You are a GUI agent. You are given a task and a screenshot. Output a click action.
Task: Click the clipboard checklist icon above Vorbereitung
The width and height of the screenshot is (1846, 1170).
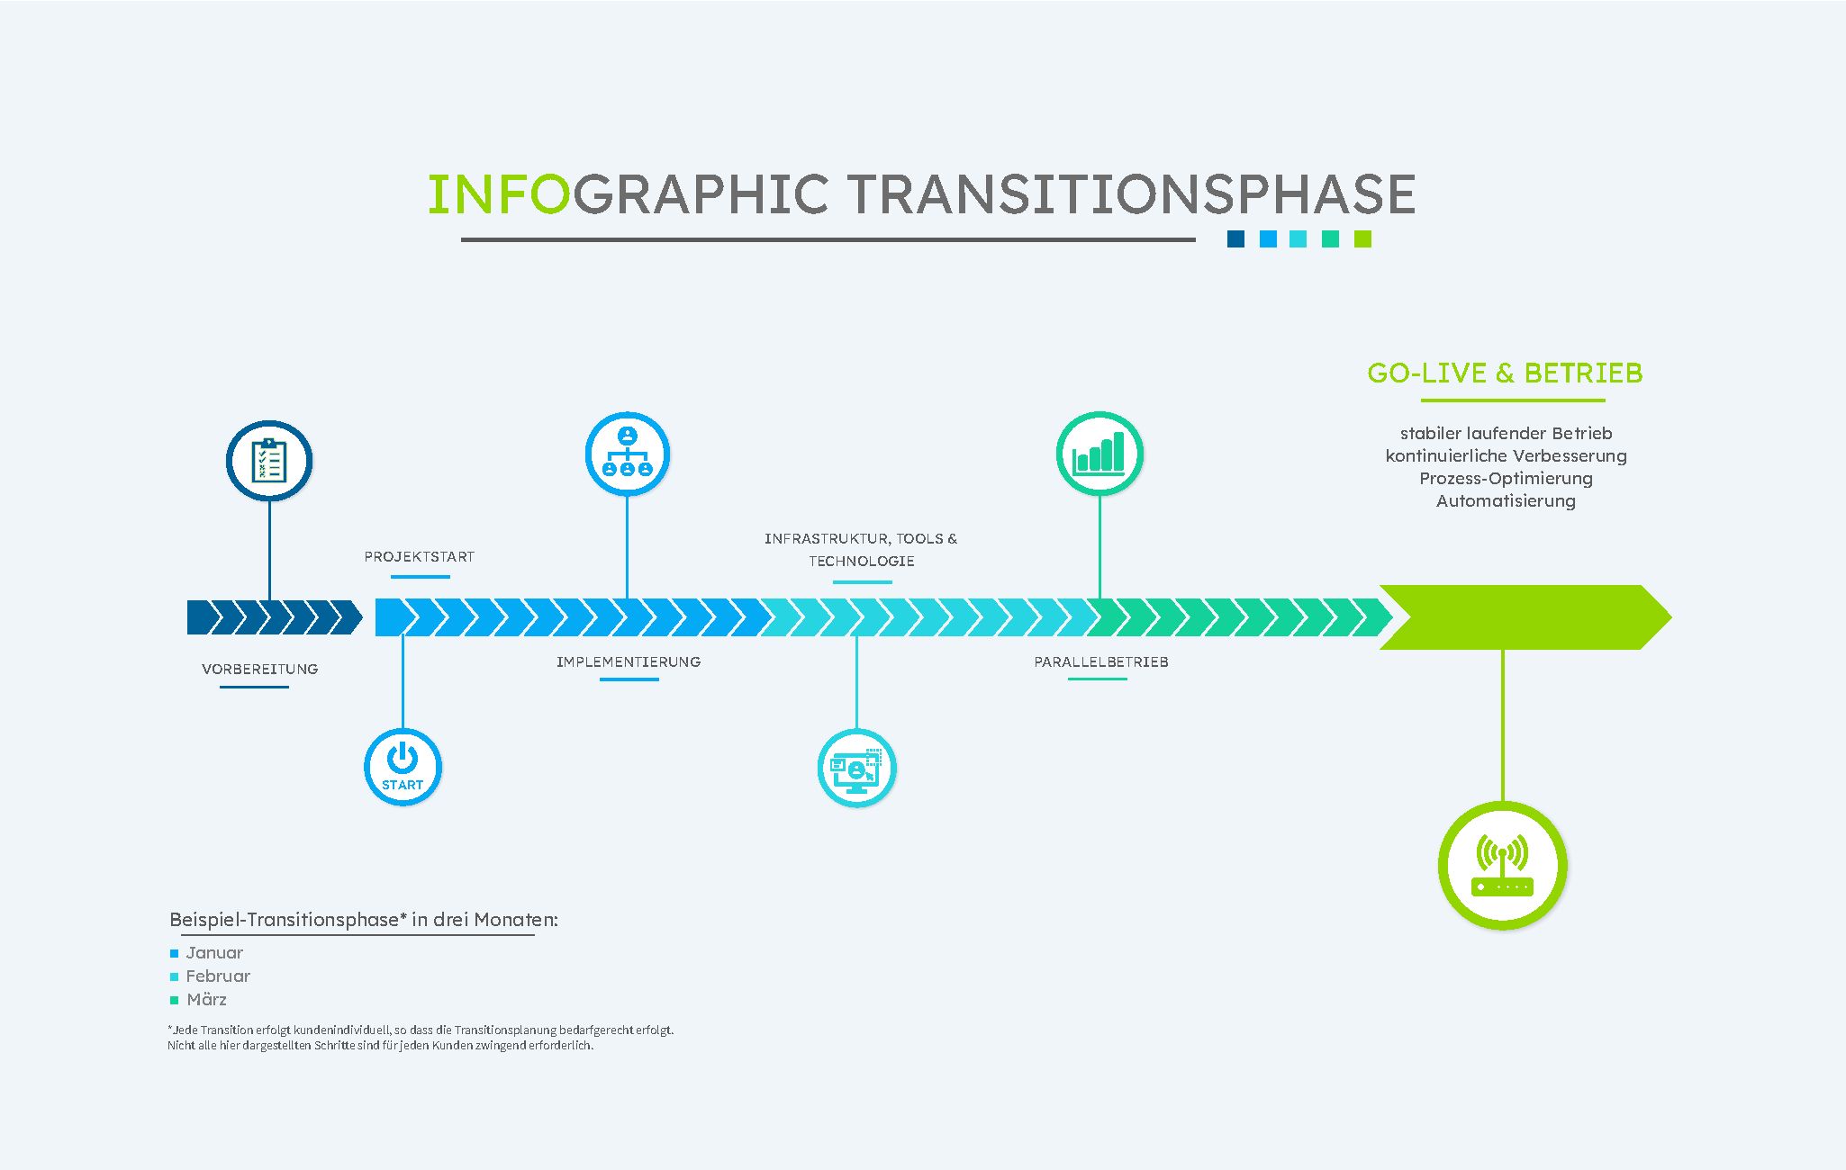[x=269, y=461]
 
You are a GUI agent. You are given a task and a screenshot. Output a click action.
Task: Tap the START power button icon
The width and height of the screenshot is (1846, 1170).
[x=403, y=767]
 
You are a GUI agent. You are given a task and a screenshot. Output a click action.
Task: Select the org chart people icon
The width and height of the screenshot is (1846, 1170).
[x=627, y=454]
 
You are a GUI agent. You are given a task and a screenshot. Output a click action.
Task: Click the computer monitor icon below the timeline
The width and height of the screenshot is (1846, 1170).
[x=856, y=769]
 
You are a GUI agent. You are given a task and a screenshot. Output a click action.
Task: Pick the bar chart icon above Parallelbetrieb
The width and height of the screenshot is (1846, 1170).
[x=1099, y=454]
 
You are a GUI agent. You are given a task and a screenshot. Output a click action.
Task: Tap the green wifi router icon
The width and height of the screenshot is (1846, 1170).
[x=1502, y=866]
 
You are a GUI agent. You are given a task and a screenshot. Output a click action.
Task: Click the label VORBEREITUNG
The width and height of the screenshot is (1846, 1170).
[x=260, y=670]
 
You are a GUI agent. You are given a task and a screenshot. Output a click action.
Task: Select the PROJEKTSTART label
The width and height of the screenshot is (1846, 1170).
[x=420, y=557]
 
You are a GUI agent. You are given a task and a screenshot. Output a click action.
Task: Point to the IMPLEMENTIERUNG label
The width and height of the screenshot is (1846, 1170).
[x=629, y=662]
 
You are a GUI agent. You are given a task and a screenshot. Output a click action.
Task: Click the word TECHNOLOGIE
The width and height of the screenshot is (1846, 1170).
[x=862, y=562]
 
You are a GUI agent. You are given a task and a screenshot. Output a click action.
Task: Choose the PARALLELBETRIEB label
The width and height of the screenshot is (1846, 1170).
[x=1101, y=662]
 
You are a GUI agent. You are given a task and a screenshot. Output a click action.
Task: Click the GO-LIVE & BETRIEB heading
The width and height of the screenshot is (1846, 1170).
[x=1505, y=373]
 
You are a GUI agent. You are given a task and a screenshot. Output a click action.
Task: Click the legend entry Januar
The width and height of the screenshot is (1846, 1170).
[x=214, y=953]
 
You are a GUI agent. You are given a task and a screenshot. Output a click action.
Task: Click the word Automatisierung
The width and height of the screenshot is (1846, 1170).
[x=1506, y=501]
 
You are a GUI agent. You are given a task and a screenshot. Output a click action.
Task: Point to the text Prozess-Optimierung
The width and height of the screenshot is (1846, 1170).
[x=1506, y=479]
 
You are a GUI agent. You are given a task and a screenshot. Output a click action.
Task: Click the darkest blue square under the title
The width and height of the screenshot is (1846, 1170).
[x=1235, y=238]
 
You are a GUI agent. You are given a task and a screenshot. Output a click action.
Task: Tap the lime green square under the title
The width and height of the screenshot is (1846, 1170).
[x=1362, y=238]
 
